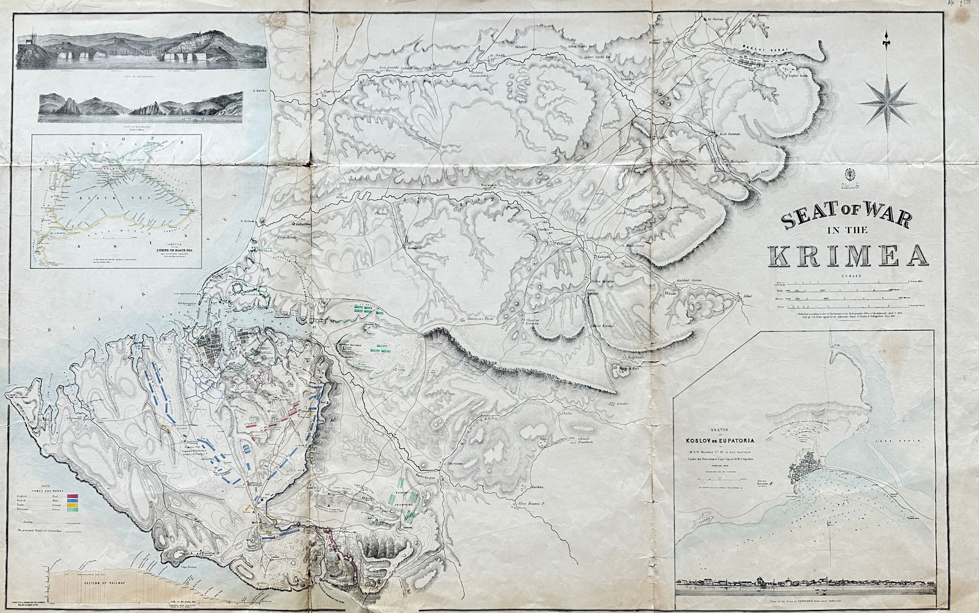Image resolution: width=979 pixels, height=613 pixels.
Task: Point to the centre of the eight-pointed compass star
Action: [x=885, y=104]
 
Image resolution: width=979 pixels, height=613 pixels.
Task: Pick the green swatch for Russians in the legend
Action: [x=73, y=510]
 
